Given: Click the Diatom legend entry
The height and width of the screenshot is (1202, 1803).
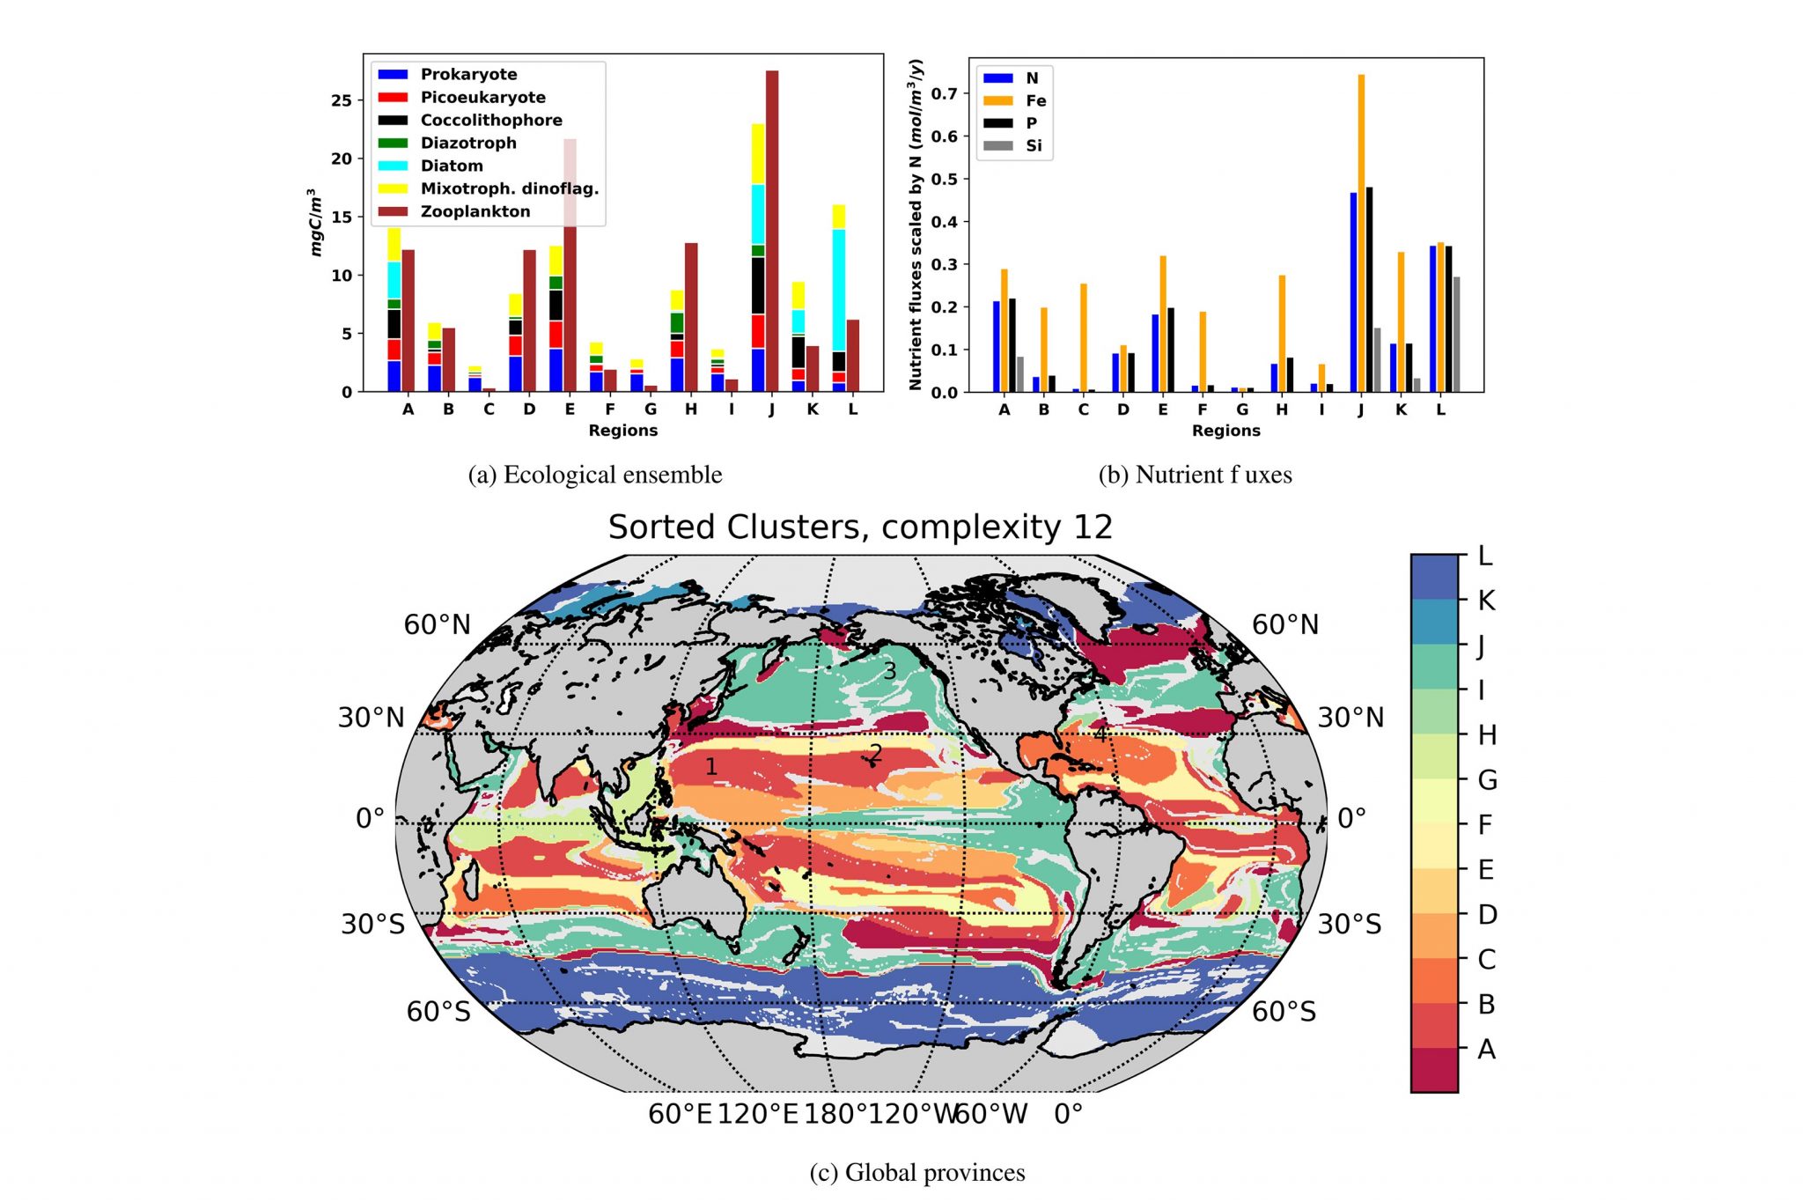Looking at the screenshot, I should (x=451, y=166).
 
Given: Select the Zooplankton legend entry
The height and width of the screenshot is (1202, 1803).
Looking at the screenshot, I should (x=475, y=211).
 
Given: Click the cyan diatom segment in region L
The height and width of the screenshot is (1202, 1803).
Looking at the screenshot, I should (x=839, y=290).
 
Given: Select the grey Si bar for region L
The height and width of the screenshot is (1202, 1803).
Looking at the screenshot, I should (x=1456, y=335).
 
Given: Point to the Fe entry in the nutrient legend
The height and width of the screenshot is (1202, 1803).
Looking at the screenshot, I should (x=1035, y=100).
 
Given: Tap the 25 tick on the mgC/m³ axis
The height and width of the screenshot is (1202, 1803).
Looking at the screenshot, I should (x=341, y=100).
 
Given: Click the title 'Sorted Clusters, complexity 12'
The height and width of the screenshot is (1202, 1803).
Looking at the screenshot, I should (x=860, y=527).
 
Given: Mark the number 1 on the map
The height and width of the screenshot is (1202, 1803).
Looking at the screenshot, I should (x=711, y=767).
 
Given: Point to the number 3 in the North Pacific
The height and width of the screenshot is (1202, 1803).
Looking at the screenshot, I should (x=890, y=671).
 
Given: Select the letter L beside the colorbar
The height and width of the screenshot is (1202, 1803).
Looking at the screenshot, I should (x=1485, y=556).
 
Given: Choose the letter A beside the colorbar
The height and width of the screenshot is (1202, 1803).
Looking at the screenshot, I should (x=1486, y=1049).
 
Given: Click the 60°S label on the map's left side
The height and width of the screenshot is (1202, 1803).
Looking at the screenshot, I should (x=438, y=1012).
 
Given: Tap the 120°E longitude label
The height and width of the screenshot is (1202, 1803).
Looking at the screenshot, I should (x=757, y=1114).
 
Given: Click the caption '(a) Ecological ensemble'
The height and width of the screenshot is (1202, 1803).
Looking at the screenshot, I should (x=595, y=475).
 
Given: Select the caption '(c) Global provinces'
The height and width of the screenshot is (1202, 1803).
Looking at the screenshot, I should (x=917, y=1172).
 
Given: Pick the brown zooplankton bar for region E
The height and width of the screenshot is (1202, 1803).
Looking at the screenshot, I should (x=570, y=264).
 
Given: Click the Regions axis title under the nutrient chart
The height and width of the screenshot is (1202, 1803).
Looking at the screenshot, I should (x=1225, y=431).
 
